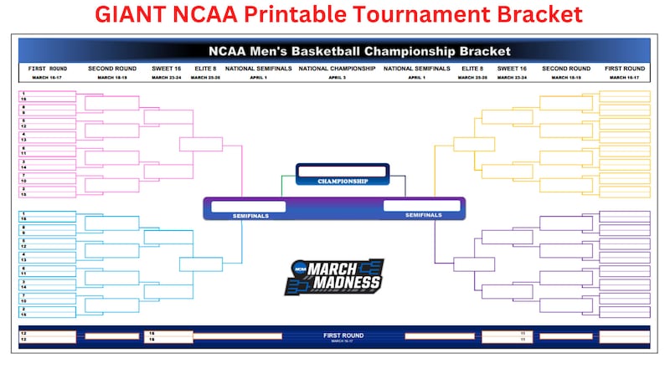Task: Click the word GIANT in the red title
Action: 127,14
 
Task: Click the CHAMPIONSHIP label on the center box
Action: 343,181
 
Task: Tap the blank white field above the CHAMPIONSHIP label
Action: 343,171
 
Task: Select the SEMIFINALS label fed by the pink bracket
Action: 250,216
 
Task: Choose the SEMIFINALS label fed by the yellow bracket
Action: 422,215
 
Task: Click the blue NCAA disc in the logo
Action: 299,269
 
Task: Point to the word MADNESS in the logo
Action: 343,283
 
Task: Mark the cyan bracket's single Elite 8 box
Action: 200,264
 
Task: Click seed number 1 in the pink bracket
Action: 24,93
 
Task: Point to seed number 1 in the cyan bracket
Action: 24,213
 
